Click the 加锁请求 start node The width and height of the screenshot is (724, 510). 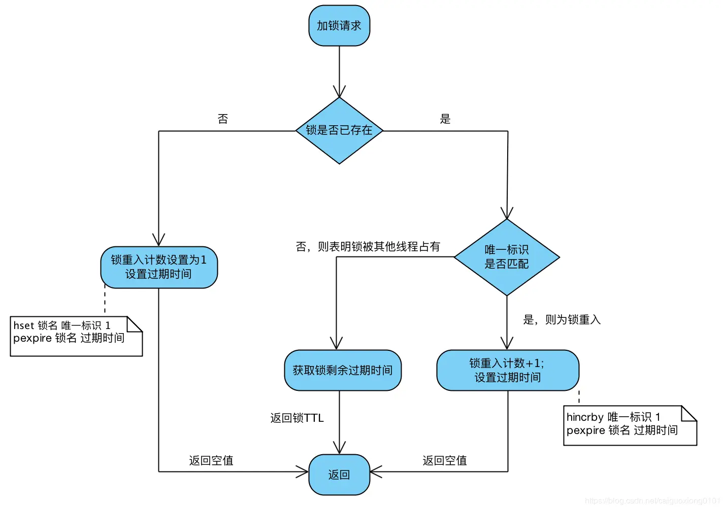point(339,26)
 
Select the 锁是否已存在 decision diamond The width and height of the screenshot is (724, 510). point(339,131)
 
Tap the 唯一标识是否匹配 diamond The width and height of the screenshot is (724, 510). point(507,257)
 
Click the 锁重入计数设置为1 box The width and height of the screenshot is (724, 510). point(159,267)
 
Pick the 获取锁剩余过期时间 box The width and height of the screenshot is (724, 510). point(343,371)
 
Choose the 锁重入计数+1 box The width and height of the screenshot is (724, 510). point(508,371)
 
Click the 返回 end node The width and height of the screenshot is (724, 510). point(339,475)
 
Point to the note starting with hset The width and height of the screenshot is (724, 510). point(76,336)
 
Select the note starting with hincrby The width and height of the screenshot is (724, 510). point(630,425)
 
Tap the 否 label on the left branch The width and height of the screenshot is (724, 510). point(223,119)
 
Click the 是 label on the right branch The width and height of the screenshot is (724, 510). point(445,119)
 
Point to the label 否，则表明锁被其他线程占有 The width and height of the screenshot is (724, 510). point(368,247)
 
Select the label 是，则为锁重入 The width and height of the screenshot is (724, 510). point(562,320)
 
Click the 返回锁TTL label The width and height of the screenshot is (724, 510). point(297,418)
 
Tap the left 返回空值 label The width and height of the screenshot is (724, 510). point(211,461)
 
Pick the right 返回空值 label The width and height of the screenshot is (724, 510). point(445,461)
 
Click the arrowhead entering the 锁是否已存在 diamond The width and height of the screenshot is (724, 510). point(339,92)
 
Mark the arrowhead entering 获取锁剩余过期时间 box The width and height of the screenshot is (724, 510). point(336,344)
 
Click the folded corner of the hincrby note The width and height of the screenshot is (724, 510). point(689,413)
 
